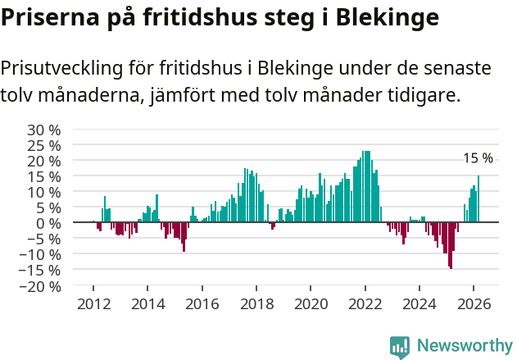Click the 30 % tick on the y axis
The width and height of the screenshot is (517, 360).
point(45,130)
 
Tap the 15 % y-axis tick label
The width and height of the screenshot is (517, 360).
point(45,176)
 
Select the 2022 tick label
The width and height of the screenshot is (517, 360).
point(365,303)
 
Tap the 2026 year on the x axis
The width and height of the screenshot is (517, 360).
point(474,303)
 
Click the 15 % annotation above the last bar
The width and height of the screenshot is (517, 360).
point(478,158)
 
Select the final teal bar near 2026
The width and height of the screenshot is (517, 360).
point(478,199)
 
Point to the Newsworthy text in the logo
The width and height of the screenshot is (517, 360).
point(464,346)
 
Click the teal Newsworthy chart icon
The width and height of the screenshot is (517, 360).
point(400,347)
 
